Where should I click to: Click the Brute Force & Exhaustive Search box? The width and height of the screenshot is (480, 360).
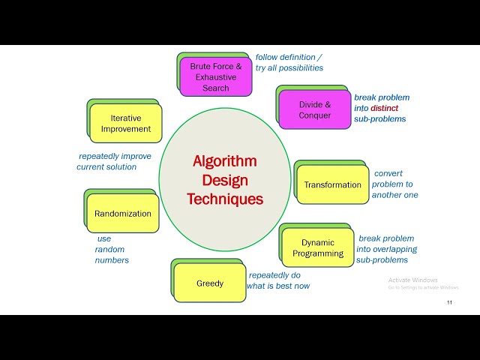[215, 77]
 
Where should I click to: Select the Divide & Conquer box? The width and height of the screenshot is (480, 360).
[314, 109]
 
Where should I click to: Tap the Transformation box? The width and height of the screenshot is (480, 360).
[332, 184]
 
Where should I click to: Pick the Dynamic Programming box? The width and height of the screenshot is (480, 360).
[318, 247]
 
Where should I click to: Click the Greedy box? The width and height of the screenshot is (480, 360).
[210, 283]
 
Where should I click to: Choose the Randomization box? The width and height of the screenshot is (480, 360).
[122, 214]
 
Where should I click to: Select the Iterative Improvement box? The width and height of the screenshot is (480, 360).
[125, 124]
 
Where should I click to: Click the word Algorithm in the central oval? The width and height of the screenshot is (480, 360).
[225, 161]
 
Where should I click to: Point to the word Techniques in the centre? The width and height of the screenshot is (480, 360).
[225, 199]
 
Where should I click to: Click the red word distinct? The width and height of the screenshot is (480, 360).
[384, 108]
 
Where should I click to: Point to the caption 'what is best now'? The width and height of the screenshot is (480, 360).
[278, 286]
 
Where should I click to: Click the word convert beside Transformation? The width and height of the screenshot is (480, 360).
[388, 173]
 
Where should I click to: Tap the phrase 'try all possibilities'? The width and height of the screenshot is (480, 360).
[289, 67]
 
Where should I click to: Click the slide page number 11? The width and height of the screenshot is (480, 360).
[449, 302]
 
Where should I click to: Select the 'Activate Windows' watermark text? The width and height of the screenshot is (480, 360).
[412, 280]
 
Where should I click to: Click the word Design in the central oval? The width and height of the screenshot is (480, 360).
[225, 180]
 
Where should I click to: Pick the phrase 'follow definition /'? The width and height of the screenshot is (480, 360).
[289, 56]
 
